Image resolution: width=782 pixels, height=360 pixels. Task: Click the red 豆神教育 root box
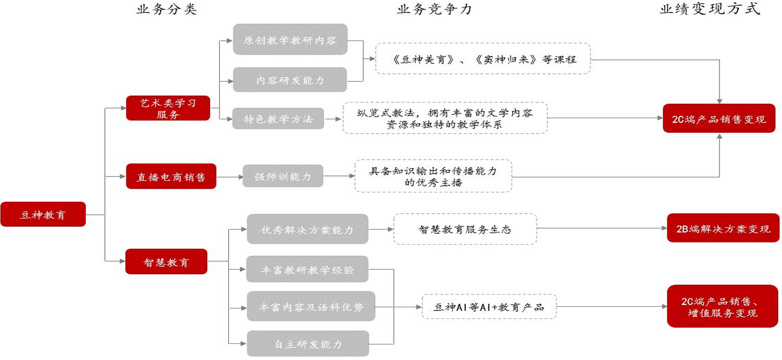[43, 214]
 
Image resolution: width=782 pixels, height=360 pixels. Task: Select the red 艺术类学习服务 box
[168, 108]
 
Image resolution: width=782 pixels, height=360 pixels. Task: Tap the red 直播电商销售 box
[171, 176]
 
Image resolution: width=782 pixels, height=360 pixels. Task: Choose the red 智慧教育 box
[166, 261]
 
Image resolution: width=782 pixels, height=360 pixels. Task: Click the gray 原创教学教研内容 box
[290, 39]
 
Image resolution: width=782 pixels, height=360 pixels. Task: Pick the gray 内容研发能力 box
[290, 80]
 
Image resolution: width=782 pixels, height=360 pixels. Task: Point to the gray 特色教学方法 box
[278, 119]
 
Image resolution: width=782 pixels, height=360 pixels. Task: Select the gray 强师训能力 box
[282, 176]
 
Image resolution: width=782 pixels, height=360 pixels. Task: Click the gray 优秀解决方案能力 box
[307, 229]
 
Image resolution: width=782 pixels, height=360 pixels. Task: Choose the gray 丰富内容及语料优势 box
[311, 306]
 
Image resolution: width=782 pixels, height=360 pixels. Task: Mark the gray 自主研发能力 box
[308, 343]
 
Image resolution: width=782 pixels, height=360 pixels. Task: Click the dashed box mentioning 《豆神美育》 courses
[483, 58]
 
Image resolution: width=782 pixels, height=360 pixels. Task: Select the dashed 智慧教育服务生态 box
[465, 229]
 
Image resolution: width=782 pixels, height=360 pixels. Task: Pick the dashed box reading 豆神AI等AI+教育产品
[488, 306]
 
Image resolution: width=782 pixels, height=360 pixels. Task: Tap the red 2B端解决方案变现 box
[723, 229]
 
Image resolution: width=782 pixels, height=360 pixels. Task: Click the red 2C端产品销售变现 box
[718, 118]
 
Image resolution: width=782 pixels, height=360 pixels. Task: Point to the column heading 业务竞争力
[434, 9]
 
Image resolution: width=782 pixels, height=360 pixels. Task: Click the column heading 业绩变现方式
[710, 9]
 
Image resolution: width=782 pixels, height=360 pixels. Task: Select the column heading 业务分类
[167, 9]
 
